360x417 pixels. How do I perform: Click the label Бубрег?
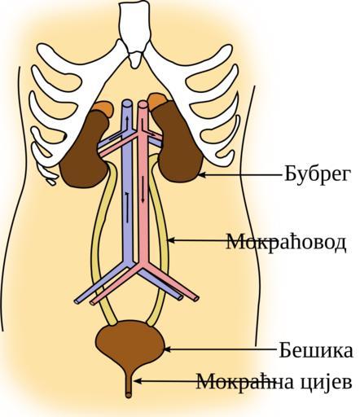(x=318, y=174)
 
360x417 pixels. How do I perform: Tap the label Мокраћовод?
(x=287, y=242)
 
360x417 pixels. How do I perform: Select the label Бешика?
(x=316, y=350)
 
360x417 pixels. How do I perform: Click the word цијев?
(x=327, y=382)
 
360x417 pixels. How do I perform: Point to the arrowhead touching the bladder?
(x=167, y=349)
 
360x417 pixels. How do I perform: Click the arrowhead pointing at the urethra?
(x=138, y=381)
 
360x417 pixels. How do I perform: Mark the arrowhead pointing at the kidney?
(x=201, y=175)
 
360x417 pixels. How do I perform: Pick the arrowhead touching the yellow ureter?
(x=172, y=240)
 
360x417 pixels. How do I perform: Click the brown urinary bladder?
(x=130, y=344)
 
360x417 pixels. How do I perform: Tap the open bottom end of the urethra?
(x=129, y=394)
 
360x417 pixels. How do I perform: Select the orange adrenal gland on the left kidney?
(x=103, y=108)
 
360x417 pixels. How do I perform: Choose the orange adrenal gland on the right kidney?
(x=157, y=100)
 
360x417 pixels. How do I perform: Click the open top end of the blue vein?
(x=127, y=103)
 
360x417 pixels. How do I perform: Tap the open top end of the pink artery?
(x=143, y=104)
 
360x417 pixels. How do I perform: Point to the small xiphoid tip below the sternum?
(x=134, y=59)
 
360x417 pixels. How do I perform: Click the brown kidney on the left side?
(x=85, y=152)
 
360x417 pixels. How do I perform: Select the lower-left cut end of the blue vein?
(x=77, y=301)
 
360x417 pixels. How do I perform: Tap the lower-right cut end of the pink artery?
(x=196, y=298)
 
